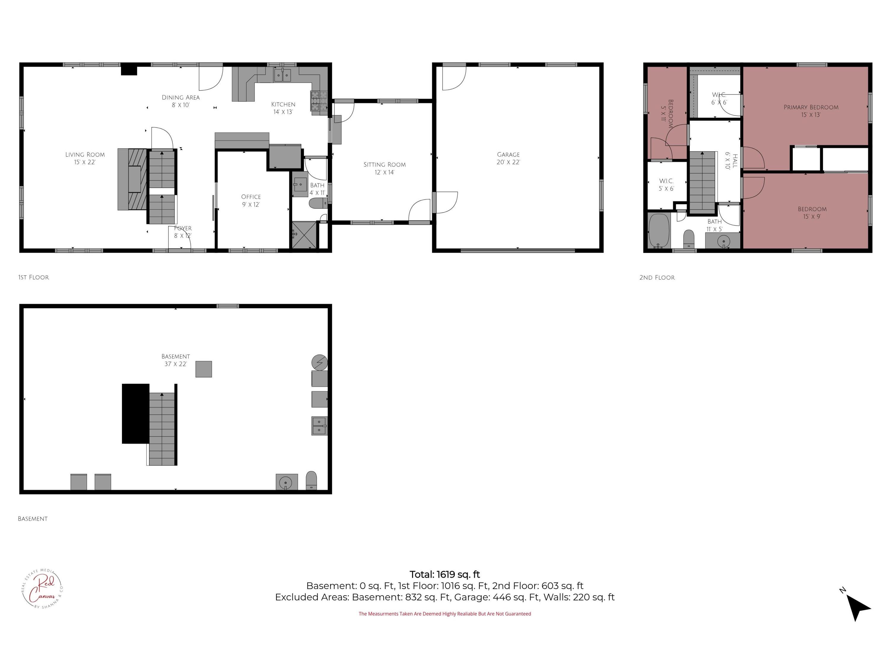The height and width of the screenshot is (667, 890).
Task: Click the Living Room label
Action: pyautogui.click(x=85, y=158)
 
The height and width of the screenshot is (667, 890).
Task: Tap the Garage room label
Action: pyautogui.click(x=508, y=158)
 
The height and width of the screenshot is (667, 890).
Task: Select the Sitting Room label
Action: pyautogui.click(x=385, y=168)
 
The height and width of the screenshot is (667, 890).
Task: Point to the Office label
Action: pyautogui.click(x=251, y=200)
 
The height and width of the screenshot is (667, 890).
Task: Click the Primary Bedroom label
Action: pyautogui.click(x=811, y=111)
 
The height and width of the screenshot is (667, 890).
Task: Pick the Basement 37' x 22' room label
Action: pyautogui.click(x=175, y=360)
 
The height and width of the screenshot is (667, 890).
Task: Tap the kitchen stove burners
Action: pyautogui.click(x=315, y=101)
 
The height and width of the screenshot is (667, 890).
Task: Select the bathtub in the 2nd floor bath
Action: pyautogui.click(x=659, y=231)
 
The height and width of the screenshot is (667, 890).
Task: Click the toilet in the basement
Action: pyautogui.click(x=311, y=481)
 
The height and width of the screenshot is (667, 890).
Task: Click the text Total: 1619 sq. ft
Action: pyautogui.click(x=445, y=575)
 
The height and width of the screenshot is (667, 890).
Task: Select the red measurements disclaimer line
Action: pyautogui.click(x=445, y=614)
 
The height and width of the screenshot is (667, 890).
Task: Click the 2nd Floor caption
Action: pyautogui.click(x=657, y=277)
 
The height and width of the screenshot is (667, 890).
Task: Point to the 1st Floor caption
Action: pyautogui.click(x=34, y=277)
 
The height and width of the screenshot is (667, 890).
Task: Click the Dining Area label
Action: pyautogui.click(x=181, y=101)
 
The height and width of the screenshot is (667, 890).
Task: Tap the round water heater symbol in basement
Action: pyautogui.click(x=320, y=362)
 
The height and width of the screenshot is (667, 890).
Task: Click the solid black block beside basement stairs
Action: pyautogui.click(x=136, y=413)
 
